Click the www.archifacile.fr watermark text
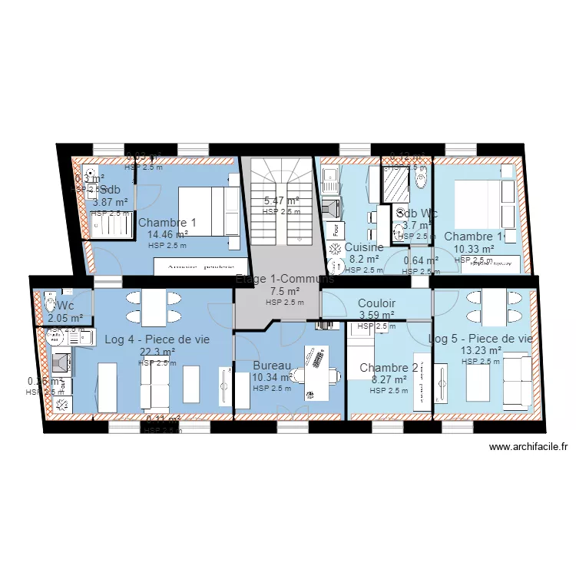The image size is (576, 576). [528, 447]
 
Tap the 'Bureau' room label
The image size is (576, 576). [272, 366]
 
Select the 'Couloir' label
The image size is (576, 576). [376, 303]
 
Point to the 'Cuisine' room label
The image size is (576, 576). [364, 247]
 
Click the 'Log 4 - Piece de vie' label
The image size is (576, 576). [157, 339]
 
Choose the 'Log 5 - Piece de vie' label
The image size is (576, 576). [481, 339]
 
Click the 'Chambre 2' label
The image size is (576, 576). [389, 368]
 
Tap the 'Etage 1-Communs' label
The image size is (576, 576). [284, 280]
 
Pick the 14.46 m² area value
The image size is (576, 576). [167, 235]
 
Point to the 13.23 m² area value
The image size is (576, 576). [481, 350]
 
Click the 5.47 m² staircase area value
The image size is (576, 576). [281, 201]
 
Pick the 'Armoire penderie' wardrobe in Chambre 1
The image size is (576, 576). [197, 266]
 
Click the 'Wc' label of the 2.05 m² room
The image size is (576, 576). [65, 306]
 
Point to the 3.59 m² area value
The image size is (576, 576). [376, 315]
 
